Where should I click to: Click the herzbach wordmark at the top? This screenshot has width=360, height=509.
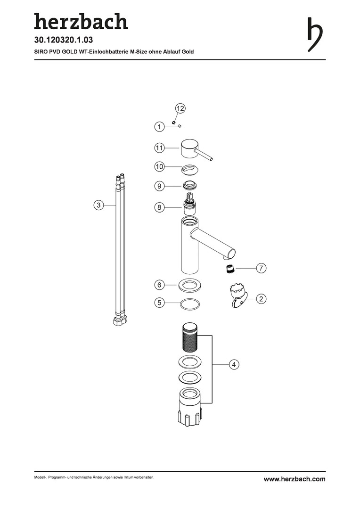[x=81, y=22]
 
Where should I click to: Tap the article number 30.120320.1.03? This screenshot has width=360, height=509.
[x=64, y=40]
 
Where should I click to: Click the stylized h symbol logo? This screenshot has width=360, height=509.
[x=315, y=35]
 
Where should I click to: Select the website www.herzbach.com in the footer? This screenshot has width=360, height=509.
[x=295, y=479]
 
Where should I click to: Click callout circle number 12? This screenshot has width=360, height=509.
[x=180, y=108]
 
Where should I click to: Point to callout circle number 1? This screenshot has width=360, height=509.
[x=159, y=126]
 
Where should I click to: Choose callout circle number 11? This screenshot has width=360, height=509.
[x=159, y=148]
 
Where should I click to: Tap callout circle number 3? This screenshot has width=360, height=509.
[x=98, y=205]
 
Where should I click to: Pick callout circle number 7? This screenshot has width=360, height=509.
[x=261, y=269]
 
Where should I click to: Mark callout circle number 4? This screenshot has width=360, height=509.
[x=234, y=364]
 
